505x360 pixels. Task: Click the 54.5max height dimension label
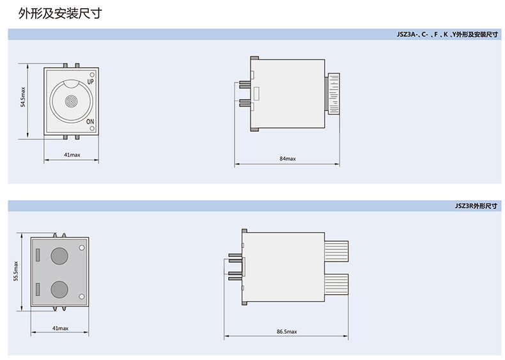pos(23,97)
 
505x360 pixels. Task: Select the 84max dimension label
pos(288,159)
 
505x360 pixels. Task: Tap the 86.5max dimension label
pos(286,331)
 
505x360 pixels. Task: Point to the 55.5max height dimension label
pos(16,271)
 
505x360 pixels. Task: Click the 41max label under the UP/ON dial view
pos(72,155)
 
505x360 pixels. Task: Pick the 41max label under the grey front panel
pos(61,328)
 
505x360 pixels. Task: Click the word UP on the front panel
pos(91,82)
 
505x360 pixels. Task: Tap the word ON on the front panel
pos(90,121)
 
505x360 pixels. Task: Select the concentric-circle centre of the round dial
pos(71,101)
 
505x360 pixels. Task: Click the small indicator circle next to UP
pos(92,74)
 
